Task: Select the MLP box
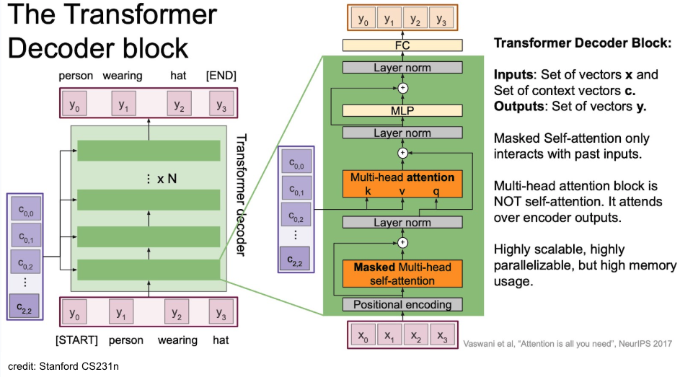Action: tap(402, 110)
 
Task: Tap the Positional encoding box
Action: tap(402, 304)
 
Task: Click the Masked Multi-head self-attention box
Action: tap(402, 273)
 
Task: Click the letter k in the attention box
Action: tap(368, 192)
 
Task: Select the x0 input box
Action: tap(362, 336)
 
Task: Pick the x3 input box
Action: tap(442, 336)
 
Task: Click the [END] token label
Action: tap(221, 76)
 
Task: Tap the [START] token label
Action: tap(76, 340)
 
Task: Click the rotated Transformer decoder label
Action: tap(242, 195)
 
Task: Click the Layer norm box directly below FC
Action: tap(402, 68)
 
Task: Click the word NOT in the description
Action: tap(508, 202)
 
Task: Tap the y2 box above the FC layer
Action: tap(415, 19)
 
